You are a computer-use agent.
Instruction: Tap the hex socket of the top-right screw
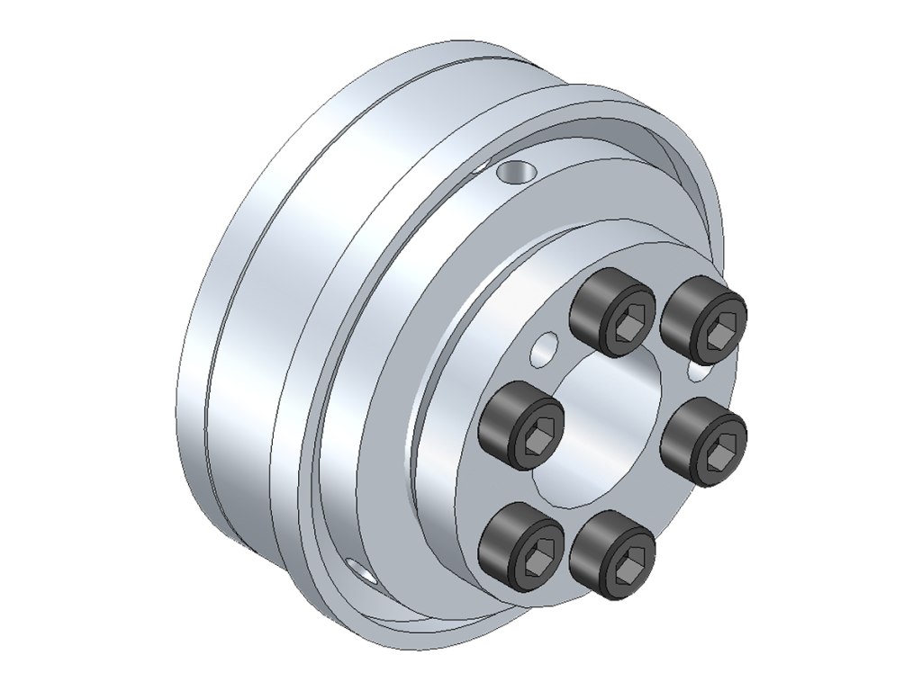(719, 334)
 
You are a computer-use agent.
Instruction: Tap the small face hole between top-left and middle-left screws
(544, 347)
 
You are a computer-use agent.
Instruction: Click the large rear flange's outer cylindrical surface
(243, 360)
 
